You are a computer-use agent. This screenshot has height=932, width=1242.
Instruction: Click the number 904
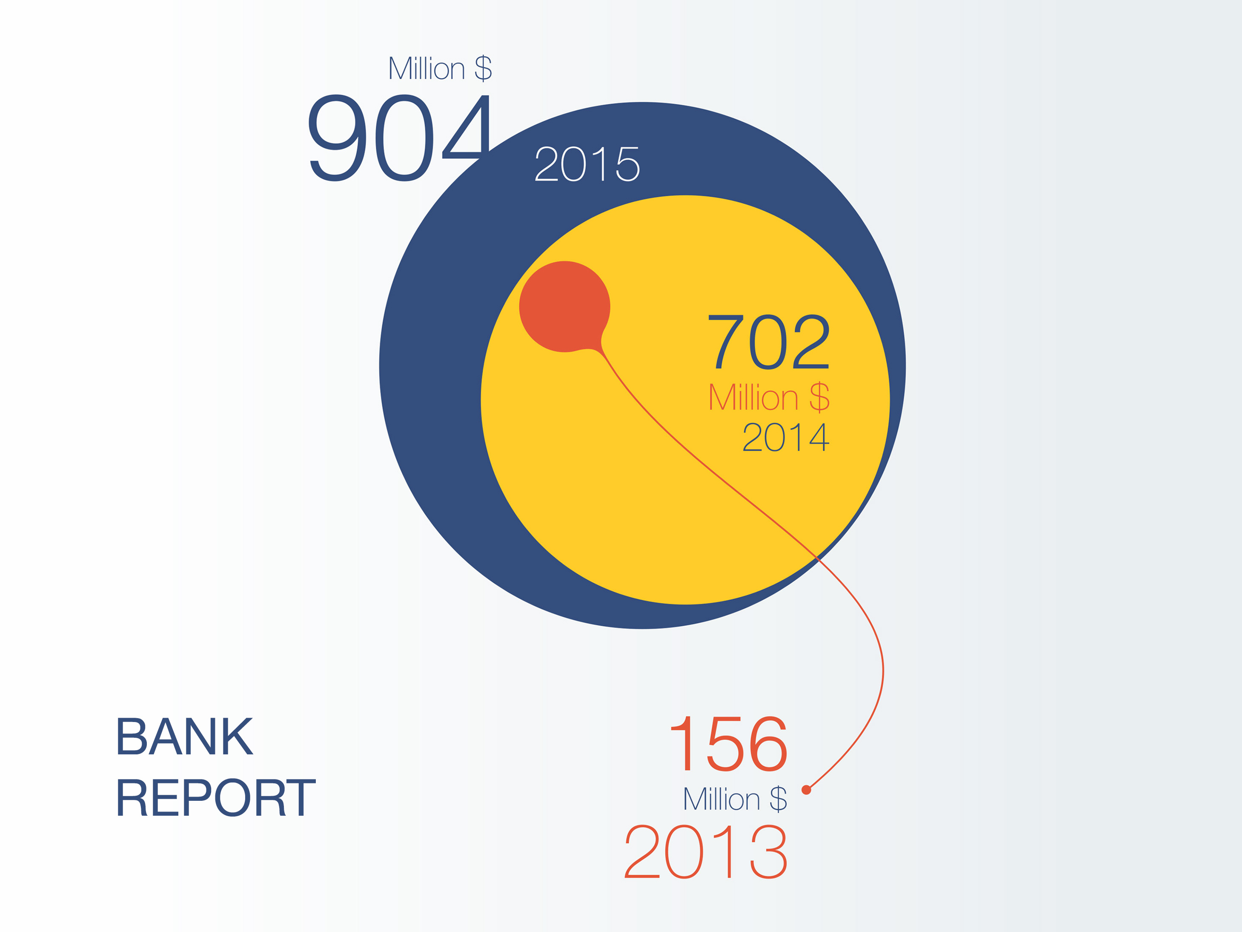(399, 138)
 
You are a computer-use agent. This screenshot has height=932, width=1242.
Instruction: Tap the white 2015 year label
(587, 164)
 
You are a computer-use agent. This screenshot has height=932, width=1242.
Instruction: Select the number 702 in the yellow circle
(769, 342)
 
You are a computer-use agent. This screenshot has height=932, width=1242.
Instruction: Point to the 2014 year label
(786, 437)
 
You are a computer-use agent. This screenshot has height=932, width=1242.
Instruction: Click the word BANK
(185, 736)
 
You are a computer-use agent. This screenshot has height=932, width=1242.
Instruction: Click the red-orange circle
(564, 307)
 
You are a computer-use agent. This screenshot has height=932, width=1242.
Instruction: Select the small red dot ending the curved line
(806, 790)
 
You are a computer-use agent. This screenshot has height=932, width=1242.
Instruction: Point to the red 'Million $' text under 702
(769, 397)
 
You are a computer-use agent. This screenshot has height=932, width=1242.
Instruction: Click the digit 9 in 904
(337, 138)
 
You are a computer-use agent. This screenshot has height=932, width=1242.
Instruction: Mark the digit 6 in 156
(768, 744)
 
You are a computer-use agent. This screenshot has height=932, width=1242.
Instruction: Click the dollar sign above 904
(483, 69)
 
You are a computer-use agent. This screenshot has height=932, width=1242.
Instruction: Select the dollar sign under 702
(819, 397)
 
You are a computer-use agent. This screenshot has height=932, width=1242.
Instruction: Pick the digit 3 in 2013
(768, 851)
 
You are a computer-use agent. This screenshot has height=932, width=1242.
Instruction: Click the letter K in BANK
(238, 736)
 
